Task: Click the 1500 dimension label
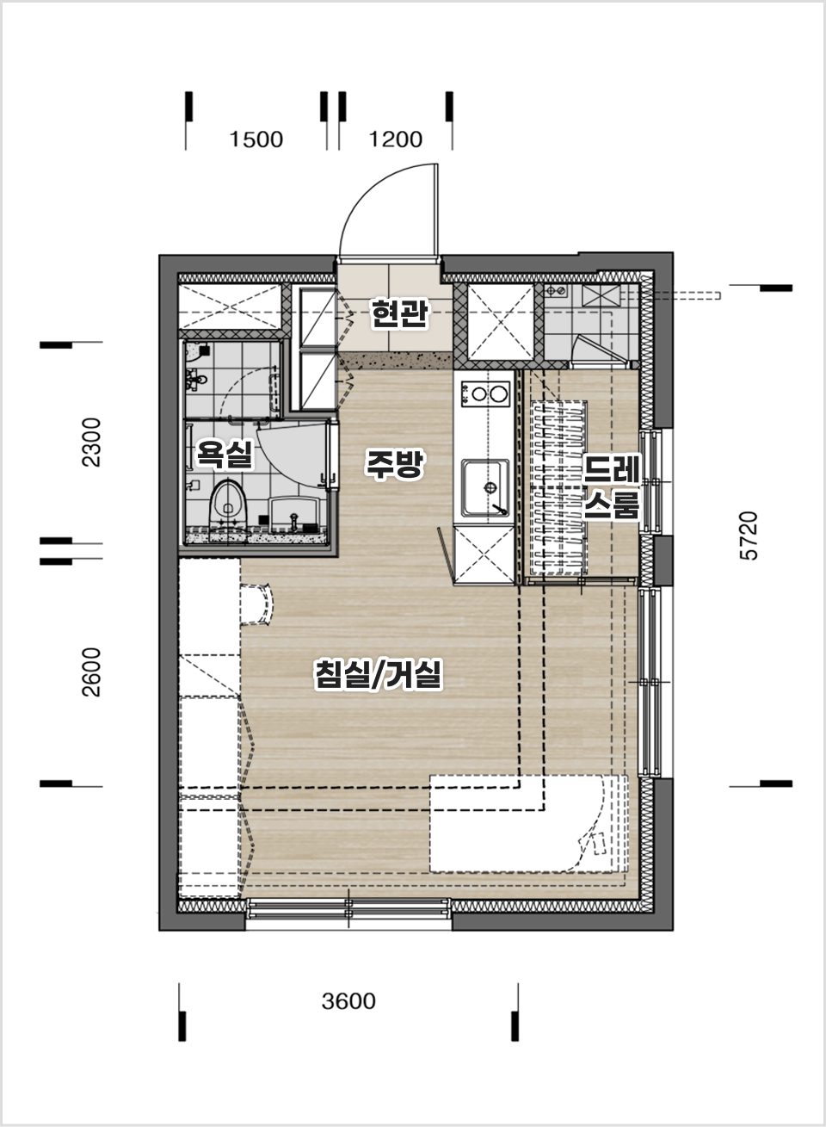tap(256, 139)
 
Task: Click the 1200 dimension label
tap(396, 139)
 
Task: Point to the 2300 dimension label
tap(91, 443)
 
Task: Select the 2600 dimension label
tap(91, 672)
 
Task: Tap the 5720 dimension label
tap(749, 536)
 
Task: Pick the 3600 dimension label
tap(348, 1001)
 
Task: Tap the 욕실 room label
tap(224, 453)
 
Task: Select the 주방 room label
tap(395, 463)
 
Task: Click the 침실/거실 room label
tap(378, 674)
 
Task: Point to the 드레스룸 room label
tap(612, 486)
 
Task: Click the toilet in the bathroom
tap(229, 505)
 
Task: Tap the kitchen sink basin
tap(485, 487)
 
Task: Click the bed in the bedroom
tap(528, 823)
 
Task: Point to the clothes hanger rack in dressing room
tap(558, 487)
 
